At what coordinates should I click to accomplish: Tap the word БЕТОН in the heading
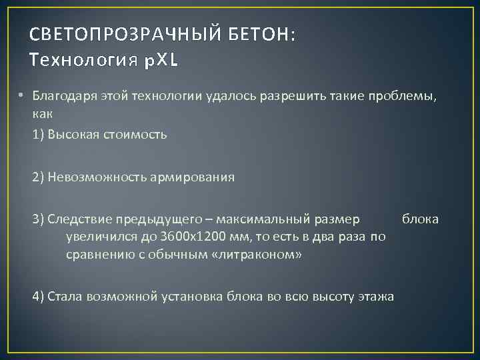(258, 35)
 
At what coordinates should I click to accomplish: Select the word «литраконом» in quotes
(257, 255)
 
